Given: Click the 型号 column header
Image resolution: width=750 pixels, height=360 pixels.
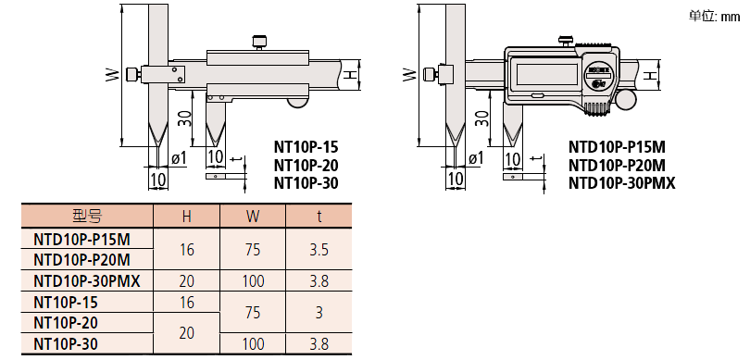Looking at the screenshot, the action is pos(87,217).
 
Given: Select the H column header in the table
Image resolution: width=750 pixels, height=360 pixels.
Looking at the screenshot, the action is pos(186,217).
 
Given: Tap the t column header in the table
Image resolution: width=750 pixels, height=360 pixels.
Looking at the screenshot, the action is pos(319,217).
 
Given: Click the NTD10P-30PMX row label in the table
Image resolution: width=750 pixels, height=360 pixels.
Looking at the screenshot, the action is pos(87,281).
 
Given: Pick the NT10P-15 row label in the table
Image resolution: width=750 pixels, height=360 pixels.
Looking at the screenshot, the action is pos(66,302).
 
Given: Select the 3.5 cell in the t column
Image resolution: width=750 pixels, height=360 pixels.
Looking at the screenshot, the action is pos(319,250).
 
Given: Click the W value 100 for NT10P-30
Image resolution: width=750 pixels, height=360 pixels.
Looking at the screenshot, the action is pos(253,343).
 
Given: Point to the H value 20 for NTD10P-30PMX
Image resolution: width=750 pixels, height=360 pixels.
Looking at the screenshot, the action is pos(186,281).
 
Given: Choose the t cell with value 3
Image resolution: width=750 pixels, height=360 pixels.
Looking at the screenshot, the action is pos(319,313).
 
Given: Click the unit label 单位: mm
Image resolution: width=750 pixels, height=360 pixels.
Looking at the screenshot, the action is pos(714,17).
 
